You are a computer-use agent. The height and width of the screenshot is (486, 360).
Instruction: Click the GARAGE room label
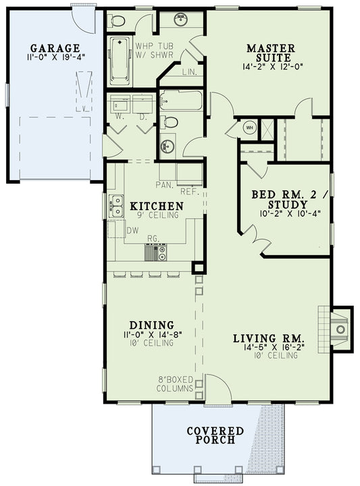pyautogui.click(x=55, y=48)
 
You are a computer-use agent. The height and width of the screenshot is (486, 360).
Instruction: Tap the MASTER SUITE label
pyautogui.click(x=270, y=53)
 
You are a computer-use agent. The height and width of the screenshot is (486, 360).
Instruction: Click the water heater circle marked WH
pyautogui.click(x=249, y=128)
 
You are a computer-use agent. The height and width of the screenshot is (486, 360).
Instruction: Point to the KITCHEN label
pyautogui.click(x=156, y=206)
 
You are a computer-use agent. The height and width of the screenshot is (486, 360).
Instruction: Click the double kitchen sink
pyautogui.click(x=116, y=205)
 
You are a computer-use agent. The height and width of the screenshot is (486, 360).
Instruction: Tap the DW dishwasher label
pyautogui.click(x=132, y=230)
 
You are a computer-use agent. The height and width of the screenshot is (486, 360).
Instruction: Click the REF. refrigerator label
pyautogui.click(x=188, y=192)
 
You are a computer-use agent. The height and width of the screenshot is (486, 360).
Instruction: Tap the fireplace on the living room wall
pyautogui.click(x=340, y=329)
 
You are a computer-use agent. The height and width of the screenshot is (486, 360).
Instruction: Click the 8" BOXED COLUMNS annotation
pyautogui.click(x=176, y=384)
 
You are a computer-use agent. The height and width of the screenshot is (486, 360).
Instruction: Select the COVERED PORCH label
pyautogui.click(x=215, y=435)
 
